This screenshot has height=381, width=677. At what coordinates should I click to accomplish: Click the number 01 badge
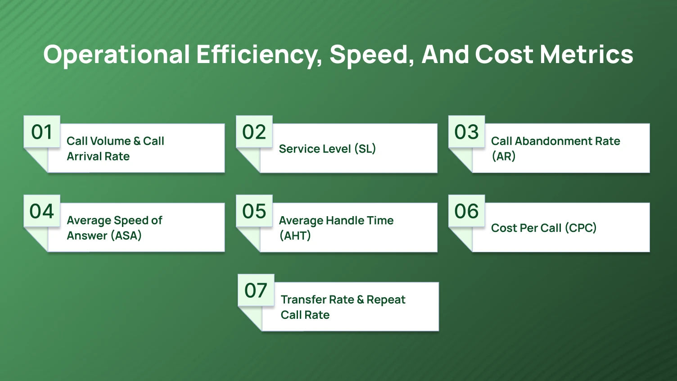click(x=42, y=132)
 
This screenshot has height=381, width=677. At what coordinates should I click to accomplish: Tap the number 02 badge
click(x=254, y=132)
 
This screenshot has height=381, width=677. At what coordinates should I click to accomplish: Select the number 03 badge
click(x=466, y=132)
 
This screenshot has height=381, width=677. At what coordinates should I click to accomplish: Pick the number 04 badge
click(x=42, y=211)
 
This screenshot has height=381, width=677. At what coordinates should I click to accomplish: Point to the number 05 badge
click(x=254, y=211)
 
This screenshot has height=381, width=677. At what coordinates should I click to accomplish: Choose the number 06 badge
click(x=466, y=211)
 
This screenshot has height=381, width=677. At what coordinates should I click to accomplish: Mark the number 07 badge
click(x=256, y=290)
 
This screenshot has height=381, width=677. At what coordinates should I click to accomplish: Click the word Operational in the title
click(x=117, y=54)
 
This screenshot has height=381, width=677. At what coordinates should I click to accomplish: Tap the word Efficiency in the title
click(x=259, y=54)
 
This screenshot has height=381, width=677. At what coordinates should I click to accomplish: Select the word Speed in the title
click(x=371, y=54)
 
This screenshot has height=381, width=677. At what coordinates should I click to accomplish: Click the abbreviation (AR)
click(x=503, y=156)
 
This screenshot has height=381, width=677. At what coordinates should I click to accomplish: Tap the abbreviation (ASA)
click(x=126, y=236)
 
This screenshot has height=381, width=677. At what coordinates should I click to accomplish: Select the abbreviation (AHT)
click(x=295, y=236)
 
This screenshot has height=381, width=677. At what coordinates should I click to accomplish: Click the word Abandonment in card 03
click(x=553, y=141)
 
